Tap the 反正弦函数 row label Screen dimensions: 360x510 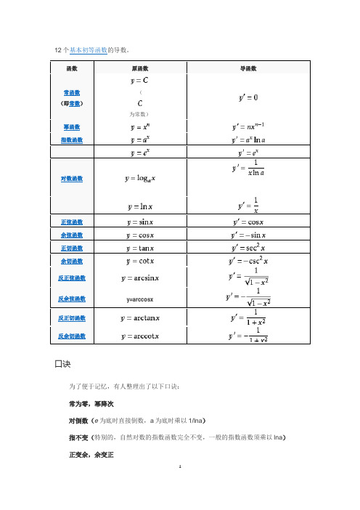(72, 278)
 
